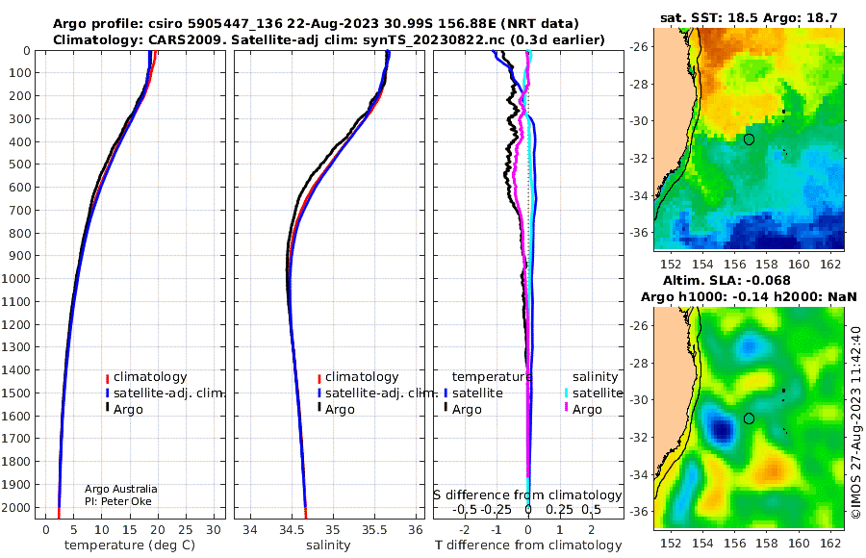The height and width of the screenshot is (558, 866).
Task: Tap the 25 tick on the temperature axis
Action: (x=186, y=530)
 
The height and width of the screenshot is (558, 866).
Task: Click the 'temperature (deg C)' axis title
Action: (x=130, y=545)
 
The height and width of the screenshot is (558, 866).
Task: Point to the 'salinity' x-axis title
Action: (x=328, y=545)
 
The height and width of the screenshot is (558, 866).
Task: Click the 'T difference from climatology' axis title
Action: (x=528, y=545)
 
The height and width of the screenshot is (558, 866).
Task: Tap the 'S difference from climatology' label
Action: (x=527, y=495)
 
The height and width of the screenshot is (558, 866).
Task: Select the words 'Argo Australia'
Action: (x=120, y=489)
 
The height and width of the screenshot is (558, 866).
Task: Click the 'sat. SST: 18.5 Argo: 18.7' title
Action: (x=749, y=17)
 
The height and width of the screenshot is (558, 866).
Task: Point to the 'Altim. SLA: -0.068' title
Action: (x=726, y=281)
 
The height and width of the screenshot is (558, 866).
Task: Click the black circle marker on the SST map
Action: (x=749, y=139)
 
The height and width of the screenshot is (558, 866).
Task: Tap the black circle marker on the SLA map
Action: (x=749, y=418)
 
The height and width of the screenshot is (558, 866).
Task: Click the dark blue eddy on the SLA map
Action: (x=722, y=429)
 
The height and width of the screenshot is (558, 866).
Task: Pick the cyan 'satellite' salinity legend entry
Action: (x=594, y=393)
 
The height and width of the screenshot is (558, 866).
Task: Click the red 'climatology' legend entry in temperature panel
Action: (x=146, y=377)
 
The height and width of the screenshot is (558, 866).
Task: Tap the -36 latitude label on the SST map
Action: (x=639, y=233)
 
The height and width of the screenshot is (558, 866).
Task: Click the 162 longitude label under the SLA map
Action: (x=830, y=543)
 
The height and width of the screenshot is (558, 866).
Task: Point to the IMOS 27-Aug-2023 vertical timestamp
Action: (x=856, y=421)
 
